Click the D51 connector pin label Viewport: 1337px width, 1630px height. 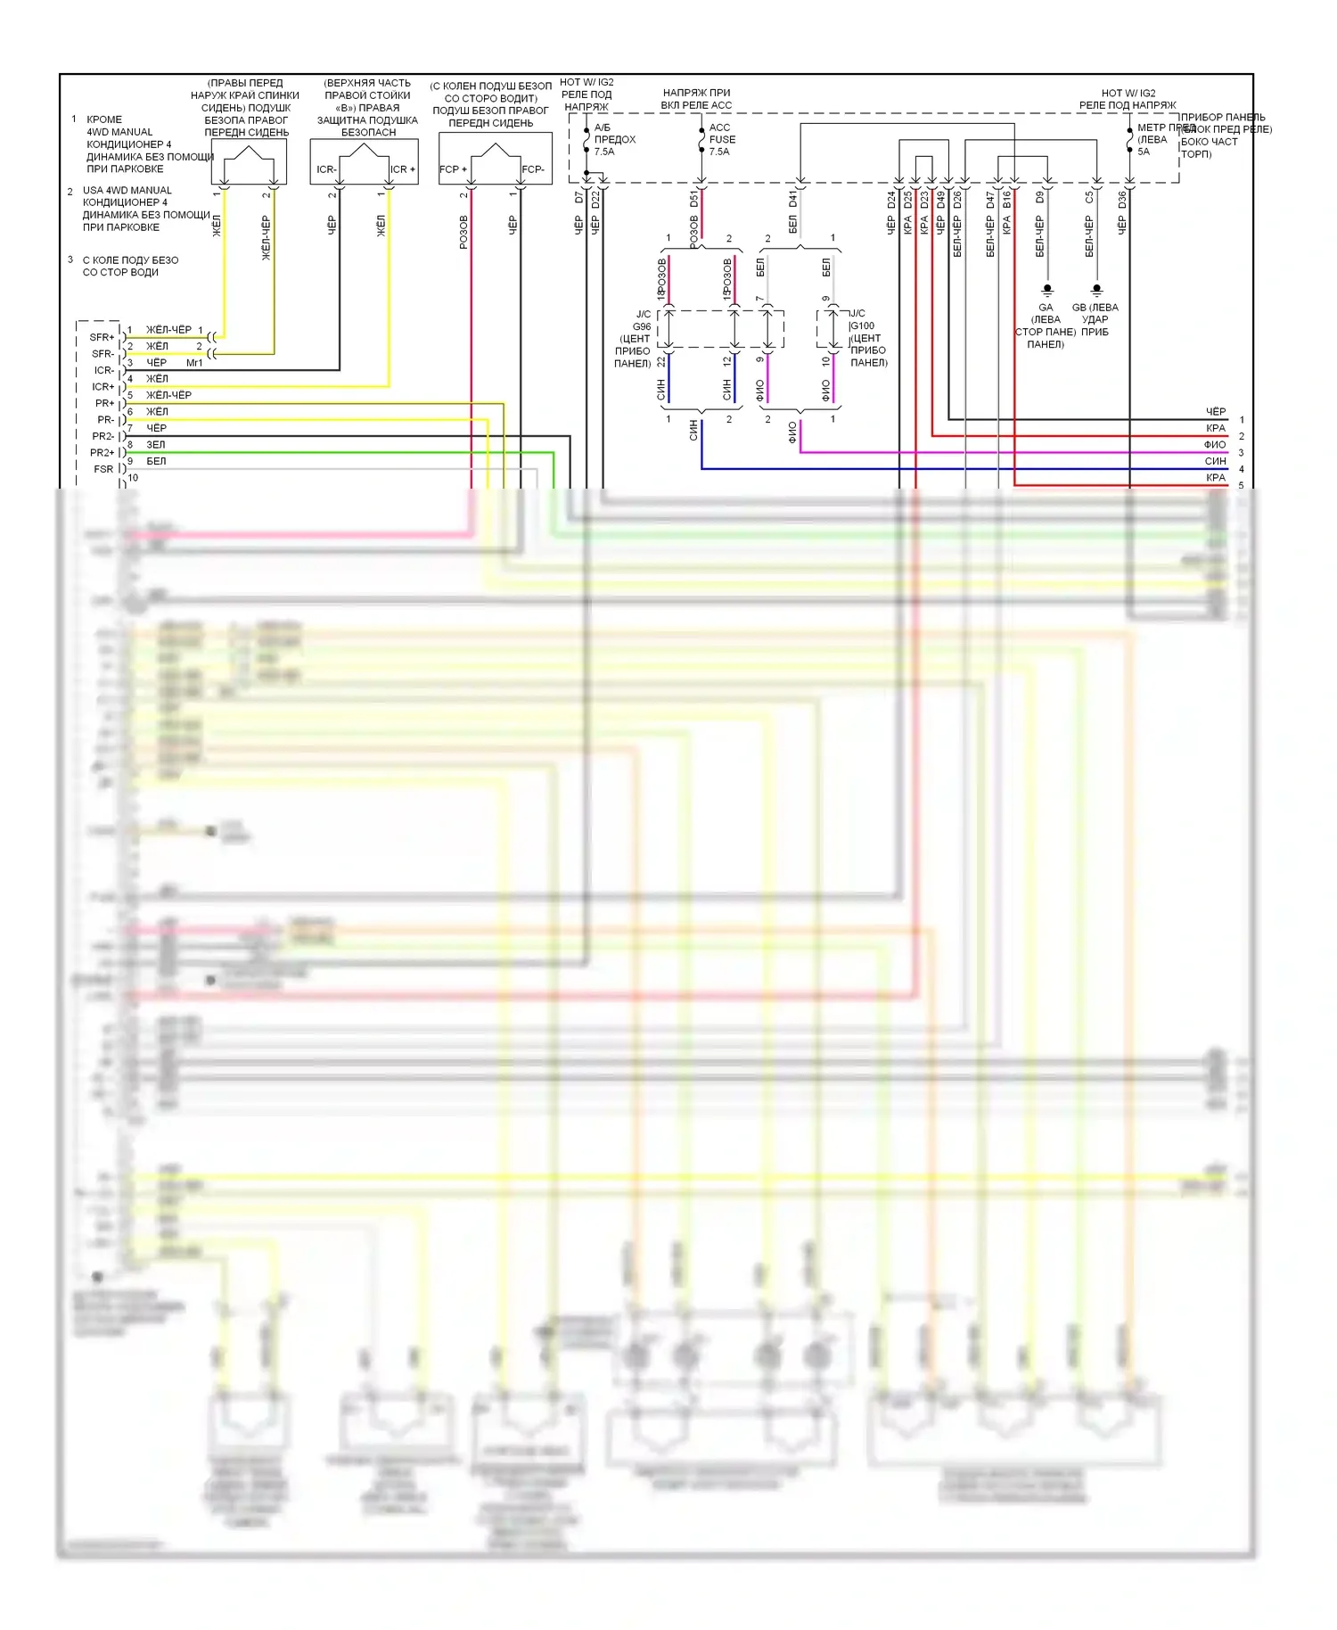coord(693,198)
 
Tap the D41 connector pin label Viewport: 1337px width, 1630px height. coord(792,198)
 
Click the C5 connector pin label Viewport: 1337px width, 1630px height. coord(1089,198)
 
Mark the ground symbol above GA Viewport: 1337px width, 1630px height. coord(1047,291)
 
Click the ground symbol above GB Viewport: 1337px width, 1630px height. coord(1096,291)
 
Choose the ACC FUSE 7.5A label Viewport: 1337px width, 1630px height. coord(721,139)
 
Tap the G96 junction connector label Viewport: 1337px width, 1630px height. coord(642,326)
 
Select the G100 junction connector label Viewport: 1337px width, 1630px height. coord(863,325)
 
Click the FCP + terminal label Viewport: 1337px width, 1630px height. coord(453,169)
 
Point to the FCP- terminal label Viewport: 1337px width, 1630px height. coord(533,169)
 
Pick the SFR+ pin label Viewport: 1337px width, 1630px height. coord(103,338)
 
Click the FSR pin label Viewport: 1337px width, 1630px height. coord(103,469)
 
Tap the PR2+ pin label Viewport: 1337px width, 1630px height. coord(103,453)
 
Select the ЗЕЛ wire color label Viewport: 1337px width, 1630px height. coord(156,445)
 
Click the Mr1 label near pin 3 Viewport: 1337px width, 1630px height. coord(194,363)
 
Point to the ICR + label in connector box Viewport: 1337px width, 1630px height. coord(403,169)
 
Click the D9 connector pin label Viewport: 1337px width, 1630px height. coord(1039,198)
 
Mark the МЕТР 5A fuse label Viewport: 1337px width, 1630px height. coord(1152,139)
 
